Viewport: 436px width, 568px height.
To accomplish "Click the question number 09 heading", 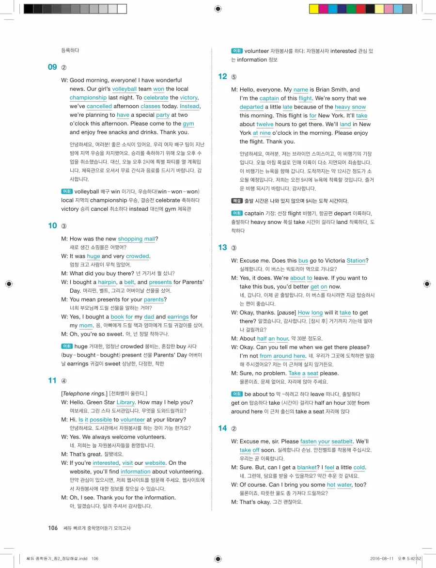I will click(52, 67).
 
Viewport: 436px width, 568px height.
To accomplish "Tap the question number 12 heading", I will click(223, 76).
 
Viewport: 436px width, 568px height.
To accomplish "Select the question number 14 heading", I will click(223, 428).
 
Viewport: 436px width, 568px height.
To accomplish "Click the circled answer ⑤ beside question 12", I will click(234, 77).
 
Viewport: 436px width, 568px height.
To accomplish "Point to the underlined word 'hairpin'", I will click(107, 282).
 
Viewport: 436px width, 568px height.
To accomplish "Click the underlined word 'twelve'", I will click(265, 124).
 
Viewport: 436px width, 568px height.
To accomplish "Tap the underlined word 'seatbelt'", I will click(342, 442).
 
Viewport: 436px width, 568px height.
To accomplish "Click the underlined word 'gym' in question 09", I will click(188, 124).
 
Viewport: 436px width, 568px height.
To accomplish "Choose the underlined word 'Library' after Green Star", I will click(125, 402).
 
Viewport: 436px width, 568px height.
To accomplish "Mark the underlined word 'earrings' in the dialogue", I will click(178, 317).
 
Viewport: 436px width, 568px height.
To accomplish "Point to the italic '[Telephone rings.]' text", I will click(83, 393).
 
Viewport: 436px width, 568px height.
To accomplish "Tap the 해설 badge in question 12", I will click(237, 201).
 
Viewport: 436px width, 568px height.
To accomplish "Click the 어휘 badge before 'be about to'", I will click(237, 394).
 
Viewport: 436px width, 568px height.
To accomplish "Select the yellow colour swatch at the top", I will click(313, 9).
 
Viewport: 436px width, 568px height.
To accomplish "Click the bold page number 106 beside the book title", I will click(52, 528).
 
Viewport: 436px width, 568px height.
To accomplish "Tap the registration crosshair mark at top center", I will click(218, 8).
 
